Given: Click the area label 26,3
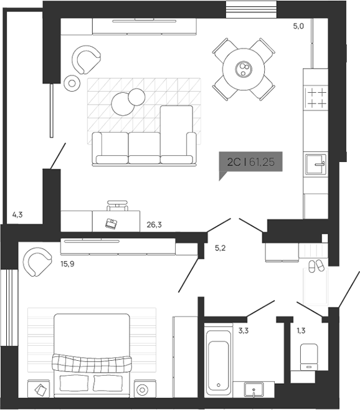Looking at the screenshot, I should click(155, 226).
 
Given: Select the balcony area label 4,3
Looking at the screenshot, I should click(18, 215).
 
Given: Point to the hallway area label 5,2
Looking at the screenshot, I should click(220, 248).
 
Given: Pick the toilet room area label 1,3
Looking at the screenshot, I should click(301, 330).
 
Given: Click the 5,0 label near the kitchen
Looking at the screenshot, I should click(298, 26).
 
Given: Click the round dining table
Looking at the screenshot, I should click(244, 69).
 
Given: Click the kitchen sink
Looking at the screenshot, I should click(316, 164).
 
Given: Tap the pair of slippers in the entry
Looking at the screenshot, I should click(316, 266).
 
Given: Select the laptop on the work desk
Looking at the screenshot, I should click(111, 223).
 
